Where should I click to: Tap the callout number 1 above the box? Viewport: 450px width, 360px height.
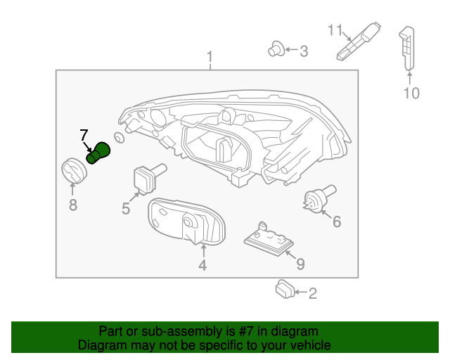(209, 56)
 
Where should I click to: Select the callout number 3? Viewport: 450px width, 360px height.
(303, 51)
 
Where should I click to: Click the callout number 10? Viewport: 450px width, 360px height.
(411, 93)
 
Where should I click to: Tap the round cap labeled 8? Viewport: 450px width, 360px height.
(71, 171)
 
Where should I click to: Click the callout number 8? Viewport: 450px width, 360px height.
(72, 205)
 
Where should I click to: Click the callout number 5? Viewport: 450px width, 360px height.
(126, 208)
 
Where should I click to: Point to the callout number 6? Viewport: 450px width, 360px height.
(336, 222)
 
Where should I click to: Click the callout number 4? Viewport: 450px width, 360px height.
(202, 265)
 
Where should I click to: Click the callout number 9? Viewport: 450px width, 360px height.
(300, 264)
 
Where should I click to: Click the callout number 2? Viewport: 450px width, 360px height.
(312, 293)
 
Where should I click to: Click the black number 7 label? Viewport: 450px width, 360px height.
(84, 134)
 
